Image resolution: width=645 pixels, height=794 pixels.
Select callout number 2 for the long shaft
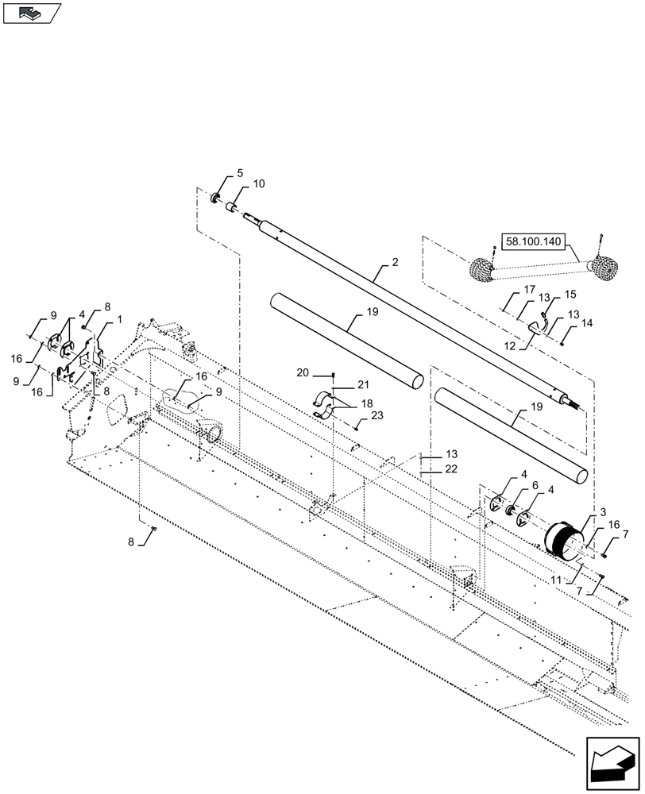tap(395, 261)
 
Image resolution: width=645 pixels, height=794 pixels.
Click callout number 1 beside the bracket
tap(120, 318)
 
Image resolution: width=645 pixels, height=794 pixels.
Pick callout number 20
tap(303, 373)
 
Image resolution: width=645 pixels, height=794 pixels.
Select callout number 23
tap(377, 415)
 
